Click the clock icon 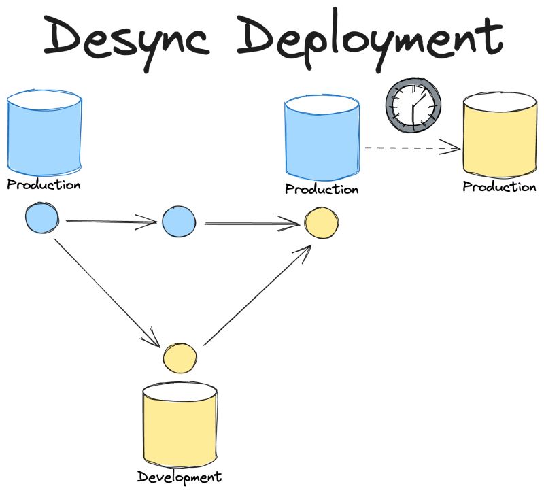coord(413,105)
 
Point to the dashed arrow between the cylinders coord(411,146)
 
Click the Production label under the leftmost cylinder coord(44,185)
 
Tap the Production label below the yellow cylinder coord(499,187)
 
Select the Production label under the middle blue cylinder coord(321,189)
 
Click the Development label coord(180,477)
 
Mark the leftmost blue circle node coord(42,219)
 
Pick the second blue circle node coord(179,222)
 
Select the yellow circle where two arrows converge coord(320,223)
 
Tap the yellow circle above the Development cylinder coord(180,358)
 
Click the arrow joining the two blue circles coord(112,221)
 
